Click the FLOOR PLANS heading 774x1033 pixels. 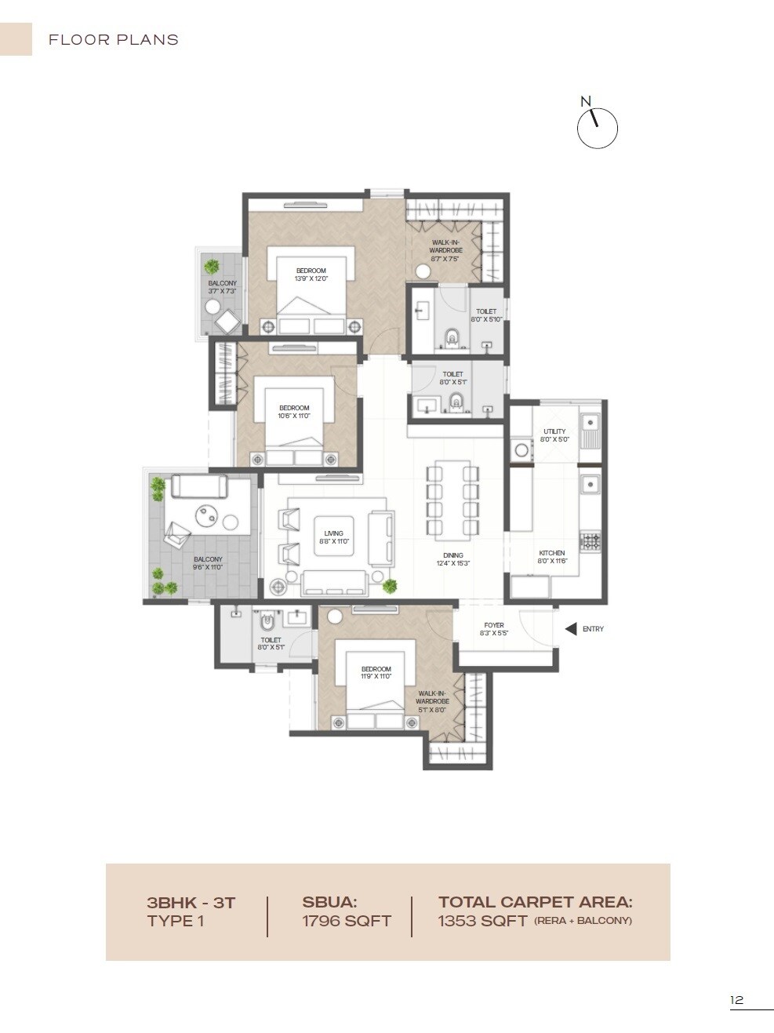pyautogui.click(x=114, y=40)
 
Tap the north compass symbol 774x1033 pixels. pyautogui.click(x=597, y=128)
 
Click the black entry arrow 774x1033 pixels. pyautogui.click(x=571, y=629)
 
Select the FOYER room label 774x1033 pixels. pyautogui.click(x=494, y=625)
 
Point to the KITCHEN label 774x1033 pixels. pyautogui.click(x=551, y=553)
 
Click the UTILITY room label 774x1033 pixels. pyautogui.click(x=554, y=431)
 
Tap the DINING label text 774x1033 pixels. pyautogui.click(x=452, y=555)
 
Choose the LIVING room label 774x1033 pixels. pyautogui.click(x=333, y=533)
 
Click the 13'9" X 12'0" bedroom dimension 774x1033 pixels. pyautogui.click(x=311, y=278)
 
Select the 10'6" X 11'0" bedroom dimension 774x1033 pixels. pyautogui.click(x=294, y=416)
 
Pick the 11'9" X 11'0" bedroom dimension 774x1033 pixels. pyautogui.click(x=376, y=676)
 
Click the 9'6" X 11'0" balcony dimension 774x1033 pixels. pyautogui.click(x=208, y=567)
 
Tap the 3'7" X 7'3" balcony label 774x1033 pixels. pyautogui.click(x=222, y=291)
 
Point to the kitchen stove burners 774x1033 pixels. pyautogui.click(x=590, y=540)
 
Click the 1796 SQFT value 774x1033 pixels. pyautogui.click(x=347, y=922)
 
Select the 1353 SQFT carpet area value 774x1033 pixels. pyautogui.click(x=482, y=922)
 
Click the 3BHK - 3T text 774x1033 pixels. pyautogui.click(x=191, y=903)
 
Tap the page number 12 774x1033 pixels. pyautogui.click(x=736, y=1000)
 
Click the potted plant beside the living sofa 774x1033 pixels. pyautogui.click(x=390, y=585)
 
